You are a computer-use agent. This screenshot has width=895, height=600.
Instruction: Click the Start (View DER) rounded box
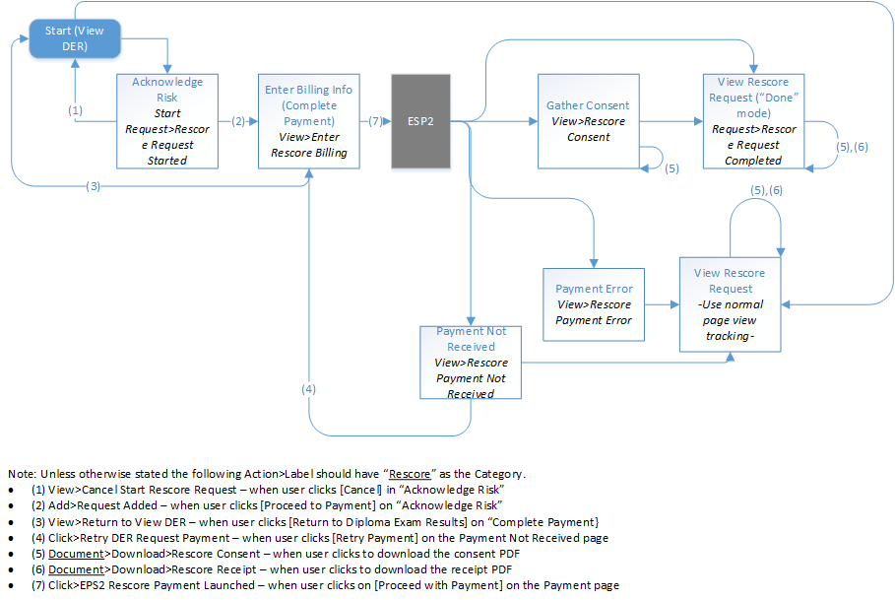click(74, 38)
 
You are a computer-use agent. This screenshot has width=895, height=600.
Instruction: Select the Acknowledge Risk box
click(166, 120)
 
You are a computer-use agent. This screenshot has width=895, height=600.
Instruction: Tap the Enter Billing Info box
click(308, 120)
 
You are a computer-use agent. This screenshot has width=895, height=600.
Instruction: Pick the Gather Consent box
click(588, 120)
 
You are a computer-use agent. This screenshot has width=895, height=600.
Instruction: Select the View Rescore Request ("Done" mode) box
click(753, 120)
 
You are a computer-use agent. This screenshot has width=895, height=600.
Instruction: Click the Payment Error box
click(594, 303)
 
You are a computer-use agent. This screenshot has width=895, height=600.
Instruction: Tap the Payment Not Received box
click(471, 362)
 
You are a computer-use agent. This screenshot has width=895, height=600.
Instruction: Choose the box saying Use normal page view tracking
click(730, 303)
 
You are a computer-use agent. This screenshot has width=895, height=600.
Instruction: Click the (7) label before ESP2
click(375, 122)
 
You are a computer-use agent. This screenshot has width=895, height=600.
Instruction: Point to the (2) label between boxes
click(237, 122)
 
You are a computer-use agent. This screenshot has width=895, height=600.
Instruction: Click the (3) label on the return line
click(93, 186)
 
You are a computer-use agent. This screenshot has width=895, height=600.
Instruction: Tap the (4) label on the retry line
click(309, 389)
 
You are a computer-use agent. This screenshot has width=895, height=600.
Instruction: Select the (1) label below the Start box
click(75, 110)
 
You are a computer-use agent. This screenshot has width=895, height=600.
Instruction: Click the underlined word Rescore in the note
click(410, 474)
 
